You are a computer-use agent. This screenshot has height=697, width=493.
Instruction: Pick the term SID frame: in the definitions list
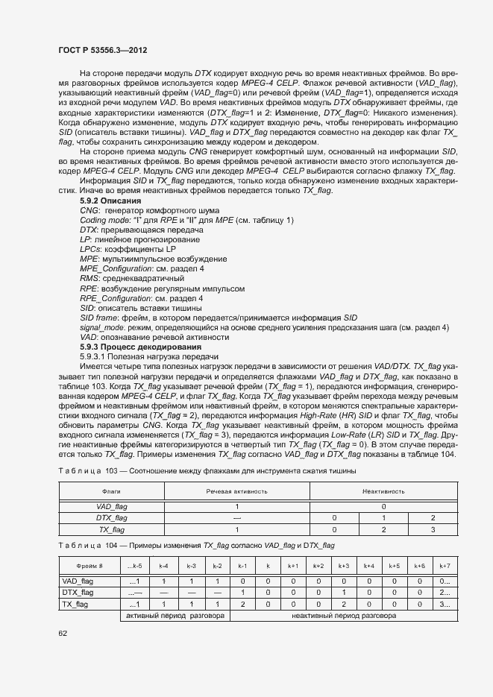coord(101,318)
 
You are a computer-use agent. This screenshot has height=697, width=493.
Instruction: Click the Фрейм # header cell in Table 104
coord(90,567)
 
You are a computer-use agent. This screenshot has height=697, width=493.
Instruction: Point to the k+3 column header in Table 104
coord(344,567)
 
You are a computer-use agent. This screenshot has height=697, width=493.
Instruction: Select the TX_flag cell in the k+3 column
coord(344,605)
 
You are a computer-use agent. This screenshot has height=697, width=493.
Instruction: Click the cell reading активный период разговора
coord(175,616)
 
